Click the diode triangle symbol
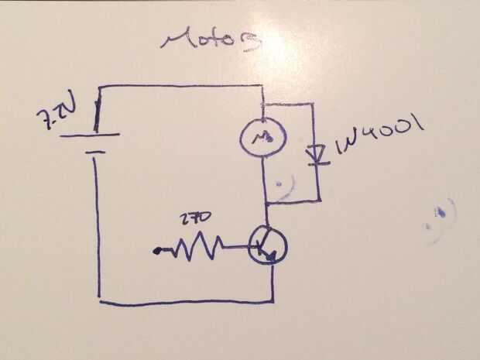pyautogui.click(x=315, y=153)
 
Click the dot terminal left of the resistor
pyautogui.click(x=159, y=250)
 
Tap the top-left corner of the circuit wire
pyautogui.click(x=101, y=87)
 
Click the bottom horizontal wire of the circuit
pyautogui.click(x=186, y=301)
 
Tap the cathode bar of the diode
pyautogui.click(x=315, y=163)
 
